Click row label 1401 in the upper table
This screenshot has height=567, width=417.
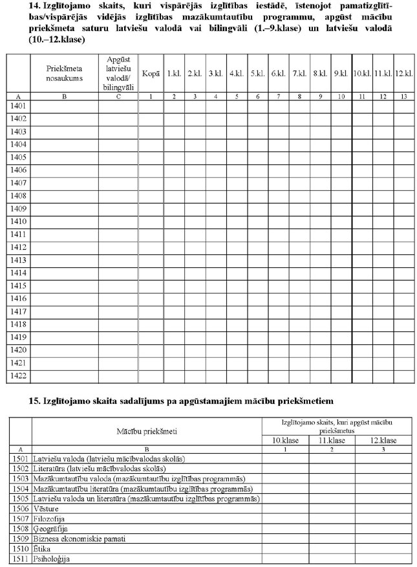coord(18,106)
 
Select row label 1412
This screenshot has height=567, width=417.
coord(18,247)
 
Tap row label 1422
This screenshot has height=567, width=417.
coord(18,376)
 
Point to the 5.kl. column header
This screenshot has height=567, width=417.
coord(257,74)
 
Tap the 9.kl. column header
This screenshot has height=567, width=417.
coord(341,74)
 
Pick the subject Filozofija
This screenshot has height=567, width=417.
coord(52,518)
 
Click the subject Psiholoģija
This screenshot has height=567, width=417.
coord(55,559)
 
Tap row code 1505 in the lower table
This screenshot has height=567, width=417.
coord(20,499)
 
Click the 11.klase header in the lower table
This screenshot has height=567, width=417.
coord(332,440)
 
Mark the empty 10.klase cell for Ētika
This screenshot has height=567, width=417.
coord(285,548)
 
